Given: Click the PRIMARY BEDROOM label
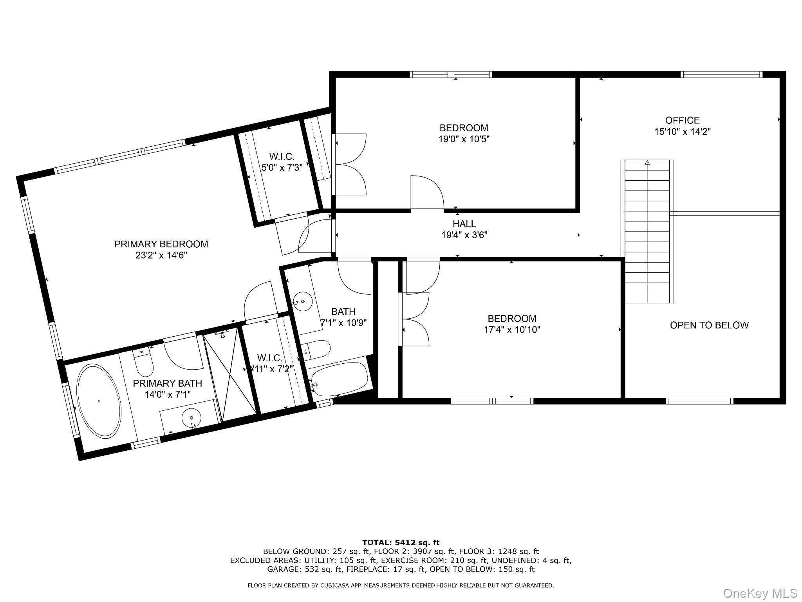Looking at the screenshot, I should pyautogui.click(x=161, y=244).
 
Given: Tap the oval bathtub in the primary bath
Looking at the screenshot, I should pyautogui.click(x=98, y=401).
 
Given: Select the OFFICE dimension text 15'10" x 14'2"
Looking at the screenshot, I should pyautogui.click(x=682, y=132).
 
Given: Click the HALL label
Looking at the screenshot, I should pyautogui.click(x=464, y=224).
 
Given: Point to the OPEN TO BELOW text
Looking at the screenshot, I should pyautogui.click(x=709, y=325).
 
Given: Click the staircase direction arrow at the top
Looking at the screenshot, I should pyautogui.click(x=647, y=162).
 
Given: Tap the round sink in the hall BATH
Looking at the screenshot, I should pyautogui.click(x=302, y=302).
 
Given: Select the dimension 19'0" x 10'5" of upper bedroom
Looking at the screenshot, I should pyautogui.click(x=464, y=139).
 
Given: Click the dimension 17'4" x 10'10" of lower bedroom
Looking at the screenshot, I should pyautogui.click(x=512, y=330).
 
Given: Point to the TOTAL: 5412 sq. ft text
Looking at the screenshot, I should pyautogui.click(x=401, y=542).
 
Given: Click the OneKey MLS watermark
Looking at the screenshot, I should pyautogui.click(x=760, y=593).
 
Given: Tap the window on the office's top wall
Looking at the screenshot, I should pyautogui.click(x=721, y=74).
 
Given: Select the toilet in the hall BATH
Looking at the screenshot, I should pyautogui.click(x=317, y=349).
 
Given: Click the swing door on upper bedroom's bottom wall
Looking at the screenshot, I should pyautogui.click(x=427, y=194).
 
